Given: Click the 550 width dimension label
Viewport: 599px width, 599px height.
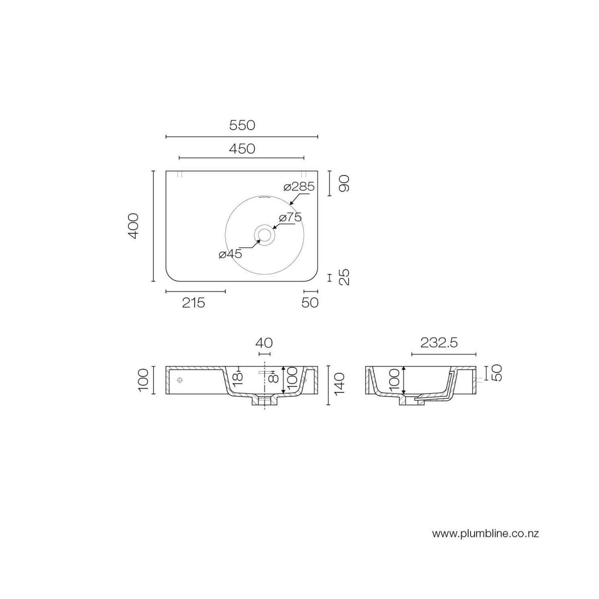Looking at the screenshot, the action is point(242,125).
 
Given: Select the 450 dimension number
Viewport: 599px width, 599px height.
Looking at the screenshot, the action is point(242,149).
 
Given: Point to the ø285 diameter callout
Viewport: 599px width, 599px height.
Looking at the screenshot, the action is point(299,187).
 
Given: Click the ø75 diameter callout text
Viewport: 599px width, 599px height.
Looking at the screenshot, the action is point(290,217).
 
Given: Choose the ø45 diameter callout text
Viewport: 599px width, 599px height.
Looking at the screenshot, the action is point(230,254).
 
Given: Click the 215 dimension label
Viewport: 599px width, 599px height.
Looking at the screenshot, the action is point(193,303).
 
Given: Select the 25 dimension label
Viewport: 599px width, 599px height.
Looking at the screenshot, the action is point(344,277).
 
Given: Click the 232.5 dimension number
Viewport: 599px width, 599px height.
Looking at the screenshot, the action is point(439,343).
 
